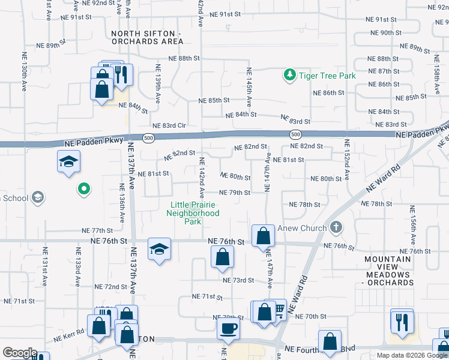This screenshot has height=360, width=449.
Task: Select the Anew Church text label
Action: tap(301, 228)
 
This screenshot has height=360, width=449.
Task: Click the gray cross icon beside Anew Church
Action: tap(336, 228)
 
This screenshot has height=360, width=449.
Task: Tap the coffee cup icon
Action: tap(228, 328)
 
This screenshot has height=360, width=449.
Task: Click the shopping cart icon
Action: tap(279, 309)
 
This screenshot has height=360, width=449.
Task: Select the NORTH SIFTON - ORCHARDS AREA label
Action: tap(147, 37)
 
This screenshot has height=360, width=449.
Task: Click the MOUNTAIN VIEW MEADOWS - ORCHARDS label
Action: tap(389, 271)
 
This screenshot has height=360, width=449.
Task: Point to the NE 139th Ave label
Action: tap(157, 84)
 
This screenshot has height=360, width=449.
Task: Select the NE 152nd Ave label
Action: tap(346, 159)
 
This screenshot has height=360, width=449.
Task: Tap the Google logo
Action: tap(19, 353)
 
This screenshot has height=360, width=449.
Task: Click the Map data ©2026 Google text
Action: tap(411, 355)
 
